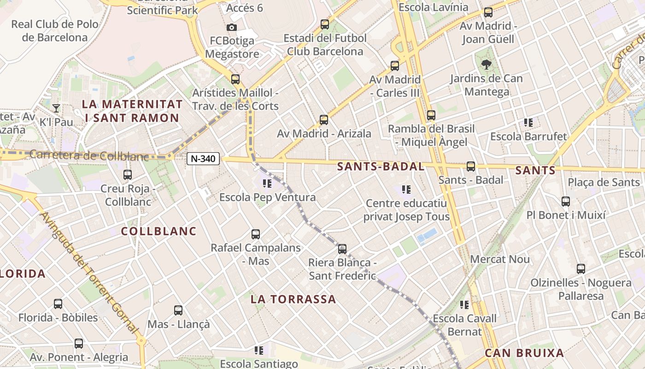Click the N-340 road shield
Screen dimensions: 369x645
pos(203,159)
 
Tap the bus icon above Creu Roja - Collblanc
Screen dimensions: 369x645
pos(128,175)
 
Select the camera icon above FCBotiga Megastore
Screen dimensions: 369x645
pos(232,27)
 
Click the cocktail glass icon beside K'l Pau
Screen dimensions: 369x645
pos(56,108)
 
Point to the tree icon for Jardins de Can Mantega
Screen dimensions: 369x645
pos(486,65)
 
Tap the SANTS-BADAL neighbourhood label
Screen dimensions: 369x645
pos(381,167)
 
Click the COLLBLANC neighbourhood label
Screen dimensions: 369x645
pos(159,231)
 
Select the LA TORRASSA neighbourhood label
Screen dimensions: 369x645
pos(293,299)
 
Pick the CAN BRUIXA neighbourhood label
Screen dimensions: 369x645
pos(524,353)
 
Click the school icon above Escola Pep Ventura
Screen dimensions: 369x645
pos(267,184)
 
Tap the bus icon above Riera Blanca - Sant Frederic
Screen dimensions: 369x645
pos(342,249)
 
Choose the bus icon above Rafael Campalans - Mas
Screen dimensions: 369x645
pos(256,234)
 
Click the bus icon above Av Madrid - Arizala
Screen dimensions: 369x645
pos(324,120)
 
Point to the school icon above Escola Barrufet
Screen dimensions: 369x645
pos(528,123)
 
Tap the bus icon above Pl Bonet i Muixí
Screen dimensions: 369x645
pos(565,201)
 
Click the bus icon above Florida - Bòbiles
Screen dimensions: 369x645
pos(58,304)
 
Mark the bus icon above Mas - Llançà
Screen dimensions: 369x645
pos(178,310)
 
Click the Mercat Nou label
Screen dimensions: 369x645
pos(500,259)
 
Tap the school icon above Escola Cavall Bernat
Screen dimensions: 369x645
pos(464,304)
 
